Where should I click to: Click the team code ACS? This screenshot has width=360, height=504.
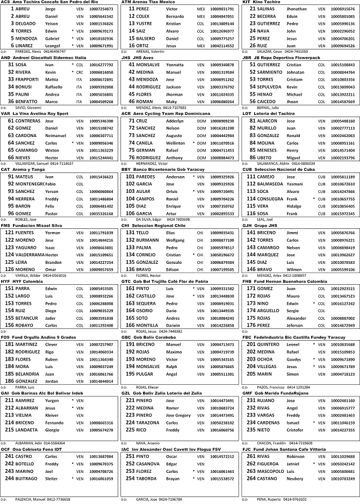point(5,3)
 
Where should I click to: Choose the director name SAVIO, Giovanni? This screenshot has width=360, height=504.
point(21,107)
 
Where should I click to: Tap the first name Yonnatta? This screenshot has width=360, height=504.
point(175,64)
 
